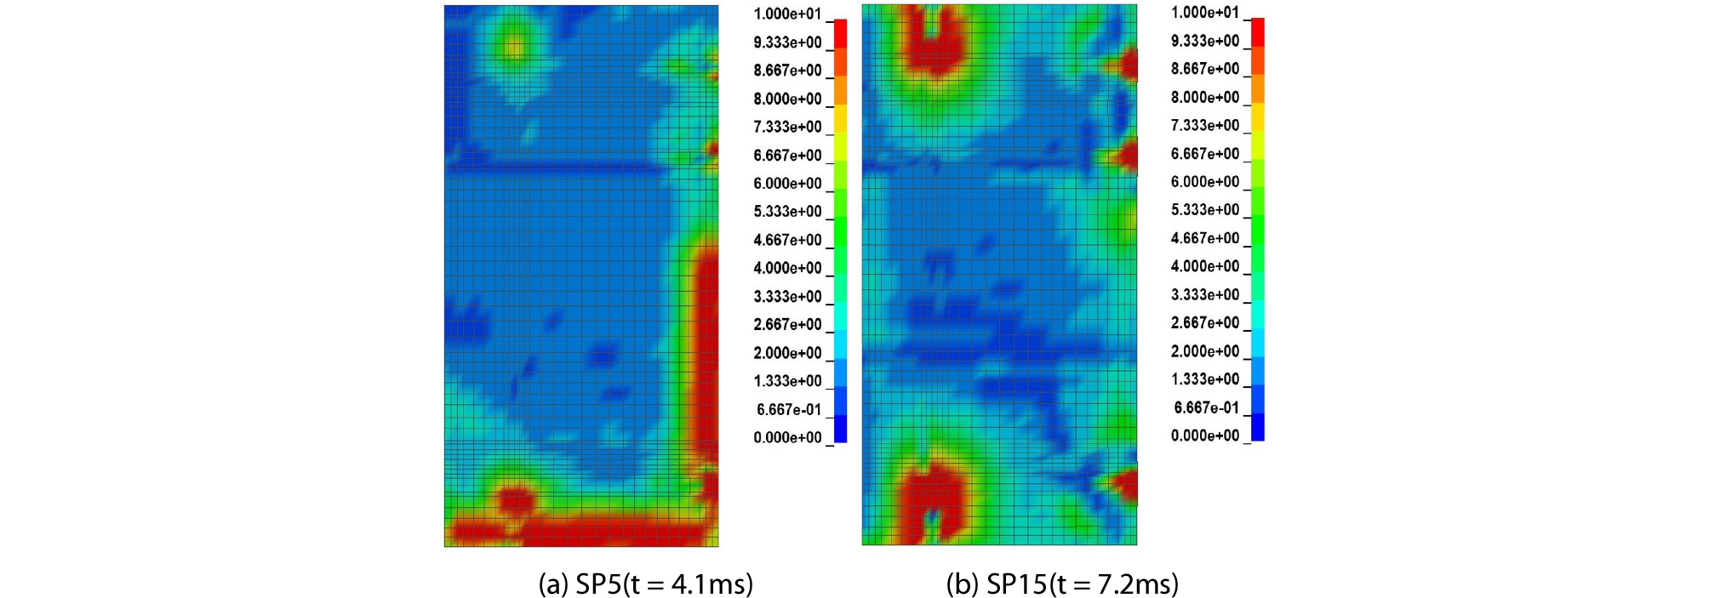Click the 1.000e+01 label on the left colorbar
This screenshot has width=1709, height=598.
[x=787, y=14]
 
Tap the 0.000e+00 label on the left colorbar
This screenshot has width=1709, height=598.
[x=787, y=437]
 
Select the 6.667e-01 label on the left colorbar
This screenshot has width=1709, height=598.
[x=789, y=409]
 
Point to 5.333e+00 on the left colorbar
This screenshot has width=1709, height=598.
[x=787, y=211]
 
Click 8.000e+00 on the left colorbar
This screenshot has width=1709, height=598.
[x=787, y=99]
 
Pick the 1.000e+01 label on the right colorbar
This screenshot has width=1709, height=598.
[x=1205, y=12]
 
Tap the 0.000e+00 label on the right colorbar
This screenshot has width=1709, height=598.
[x=1205, y=436]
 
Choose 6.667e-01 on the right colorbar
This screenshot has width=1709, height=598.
[x=1206, y=407]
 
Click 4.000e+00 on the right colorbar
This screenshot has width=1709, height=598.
[x=1205, y=266]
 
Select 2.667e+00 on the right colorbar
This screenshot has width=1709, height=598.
[x=1205, y=322]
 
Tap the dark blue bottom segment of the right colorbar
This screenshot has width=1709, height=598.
[x=1257, y=427]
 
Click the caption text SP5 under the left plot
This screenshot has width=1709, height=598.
[x=598, y=584]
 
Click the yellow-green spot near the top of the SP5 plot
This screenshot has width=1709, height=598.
[x=514, y=47]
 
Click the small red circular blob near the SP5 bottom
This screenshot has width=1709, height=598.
[x=514, y=498]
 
